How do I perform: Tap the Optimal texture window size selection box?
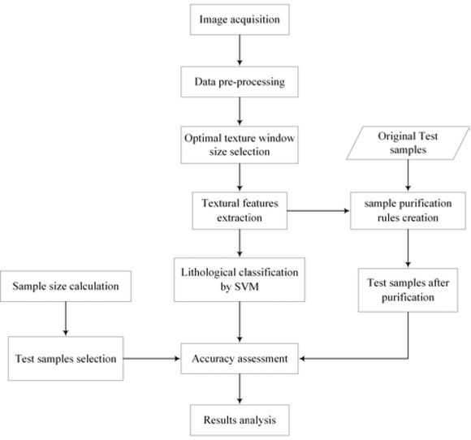(x=239, y=143)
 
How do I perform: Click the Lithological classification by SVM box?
(x=239, y=279)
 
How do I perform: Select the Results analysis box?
(x=239, y=421)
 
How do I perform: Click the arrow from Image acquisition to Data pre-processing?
(x=239, y=52)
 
